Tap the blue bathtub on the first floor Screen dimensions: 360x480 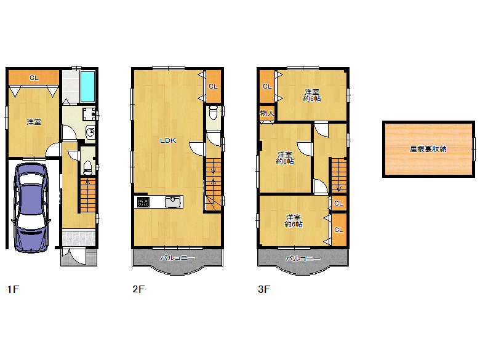87,87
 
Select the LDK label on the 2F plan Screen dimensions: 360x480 168,140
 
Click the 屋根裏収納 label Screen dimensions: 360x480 428,149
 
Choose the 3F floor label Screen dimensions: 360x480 263,289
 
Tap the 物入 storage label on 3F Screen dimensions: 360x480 266,114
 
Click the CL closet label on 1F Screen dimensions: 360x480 34,78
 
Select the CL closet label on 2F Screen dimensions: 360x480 213,87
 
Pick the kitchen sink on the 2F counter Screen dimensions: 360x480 172,202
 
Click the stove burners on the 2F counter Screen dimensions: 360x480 143,202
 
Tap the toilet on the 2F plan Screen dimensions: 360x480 213,113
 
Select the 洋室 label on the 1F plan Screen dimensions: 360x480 34,122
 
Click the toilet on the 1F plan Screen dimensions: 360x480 88,166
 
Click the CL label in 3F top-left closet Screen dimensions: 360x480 266,87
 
